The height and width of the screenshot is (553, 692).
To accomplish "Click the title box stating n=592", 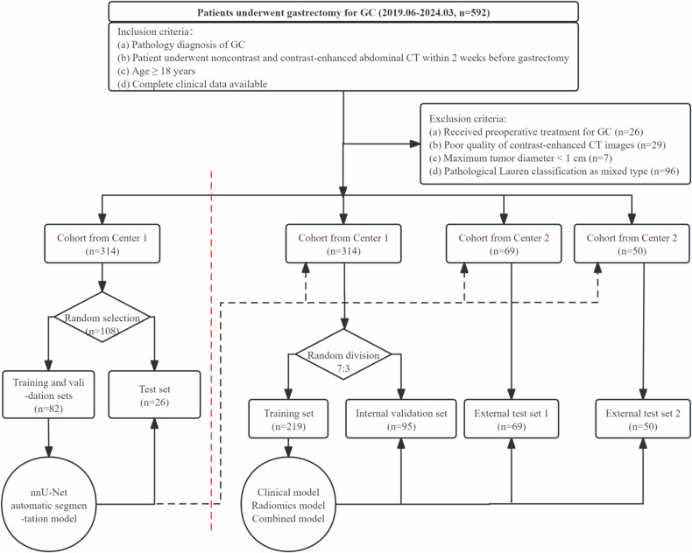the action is tap(343, 12).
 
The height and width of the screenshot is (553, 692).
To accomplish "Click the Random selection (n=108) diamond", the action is tap(102, 317).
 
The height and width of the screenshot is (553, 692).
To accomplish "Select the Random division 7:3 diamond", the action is tap(343, 354).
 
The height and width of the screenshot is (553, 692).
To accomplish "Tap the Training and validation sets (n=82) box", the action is tap(48, 395).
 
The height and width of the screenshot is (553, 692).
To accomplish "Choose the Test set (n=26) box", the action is tap(154, 395).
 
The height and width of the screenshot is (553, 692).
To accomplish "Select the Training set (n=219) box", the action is tap(289, 419).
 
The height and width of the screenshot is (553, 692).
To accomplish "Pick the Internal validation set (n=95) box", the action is tap(401, 419).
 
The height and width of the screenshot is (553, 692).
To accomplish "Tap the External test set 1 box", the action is tap(511, 419).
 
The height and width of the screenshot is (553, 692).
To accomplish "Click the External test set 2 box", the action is tap(643, 419).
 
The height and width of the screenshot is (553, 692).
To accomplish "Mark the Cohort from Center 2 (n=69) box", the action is tap(504, 244).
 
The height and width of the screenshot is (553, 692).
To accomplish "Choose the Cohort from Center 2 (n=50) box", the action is tap(632, 244).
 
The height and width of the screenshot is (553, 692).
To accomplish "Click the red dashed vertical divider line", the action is tap(211, 351).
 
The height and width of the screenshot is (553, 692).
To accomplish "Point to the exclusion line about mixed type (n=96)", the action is tap(554, 171).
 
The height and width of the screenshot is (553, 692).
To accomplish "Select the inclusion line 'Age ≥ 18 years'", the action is tap(156, 71).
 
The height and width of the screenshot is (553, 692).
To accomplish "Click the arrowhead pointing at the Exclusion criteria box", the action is tap(415, 143).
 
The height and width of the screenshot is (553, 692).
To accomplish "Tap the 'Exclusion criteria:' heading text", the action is tap(468, 119).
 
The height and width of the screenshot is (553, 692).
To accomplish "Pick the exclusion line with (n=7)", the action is tap(520, 157).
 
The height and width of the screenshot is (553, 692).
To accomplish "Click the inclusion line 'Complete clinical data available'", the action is tap(192, 84).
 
